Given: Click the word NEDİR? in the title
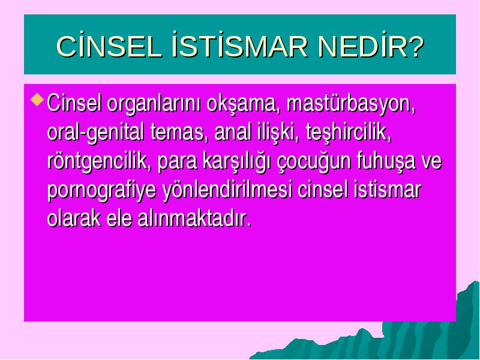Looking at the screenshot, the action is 371,46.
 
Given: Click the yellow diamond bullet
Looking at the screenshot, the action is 37,100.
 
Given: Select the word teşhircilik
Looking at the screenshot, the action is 349,133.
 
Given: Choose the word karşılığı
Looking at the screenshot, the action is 236,162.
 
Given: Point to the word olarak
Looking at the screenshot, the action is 74,218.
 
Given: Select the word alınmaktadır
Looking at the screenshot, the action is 194,218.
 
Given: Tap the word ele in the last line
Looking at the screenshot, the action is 119,218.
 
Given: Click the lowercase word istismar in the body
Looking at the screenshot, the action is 387,190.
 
